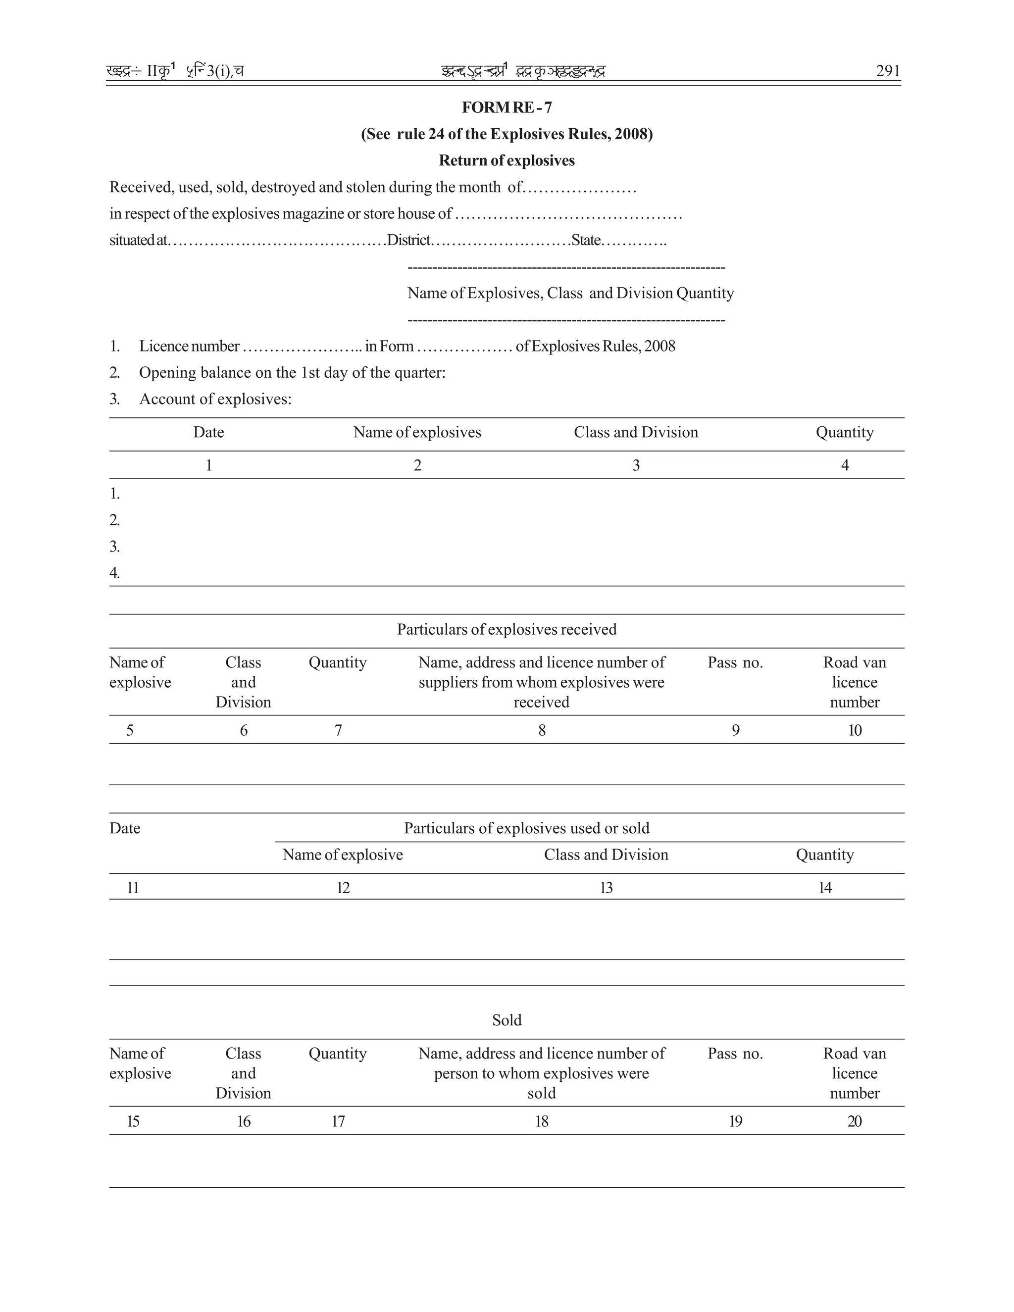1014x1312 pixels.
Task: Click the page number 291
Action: pyautogui.click(x=888, y=71)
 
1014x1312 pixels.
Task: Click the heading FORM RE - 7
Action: pyautogui.click(x=507, y=107)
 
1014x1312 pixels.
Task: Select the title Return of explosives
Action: pyautogui.click(x=507, y=160)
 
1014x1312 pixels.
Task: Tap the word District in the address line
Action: pyautogui.click(x=408, y=240)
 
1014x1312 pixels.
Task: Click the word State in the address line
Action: pyautogui.click(x=586, y=240)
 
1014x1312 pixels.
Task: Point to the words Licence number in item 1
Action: pyautogui.click(x=189, y=346)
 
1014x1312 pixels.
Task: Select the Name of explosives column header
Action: pyautogui.click(x=417, y=433)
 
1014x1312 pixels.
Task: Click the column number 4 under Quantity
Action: pyautogui.click(x=845, y=465)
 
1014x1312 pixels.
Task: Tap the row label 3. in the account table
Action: pyautogui.click(x=115, y=547)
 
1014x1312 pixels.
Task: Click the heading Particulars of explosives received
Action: pyautogui.click(x=507, y=630)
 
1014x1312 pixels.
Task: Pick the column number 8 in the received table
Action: pyautogui.click(x=541, y=730)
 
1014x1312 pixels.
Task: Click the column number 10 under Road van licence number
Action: pyautogui.click(x=854, y=730)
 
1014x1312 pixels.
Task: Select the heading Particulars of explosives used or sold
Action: pyautogui.click(x=526, y=828)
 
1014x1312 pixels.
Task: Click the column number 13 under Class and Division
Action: pyautogui.click(x=606, y=888)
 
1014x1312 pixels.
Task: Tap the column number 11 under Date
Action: pyautogui.click(x=133, y=888)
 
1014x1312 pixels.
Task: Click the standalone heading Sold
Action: pyautogui.click(x=507, y=1020)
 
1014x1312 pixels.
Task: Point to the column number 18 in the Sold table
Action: pyautogui.click(x=541, y=1121)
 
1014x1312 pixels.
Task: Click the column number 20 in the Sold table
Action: pyautogui.click(x=854, y=1121)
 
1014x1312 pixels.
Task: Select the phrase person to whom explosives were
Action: pyautogui.click(x=541, y=1073)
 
